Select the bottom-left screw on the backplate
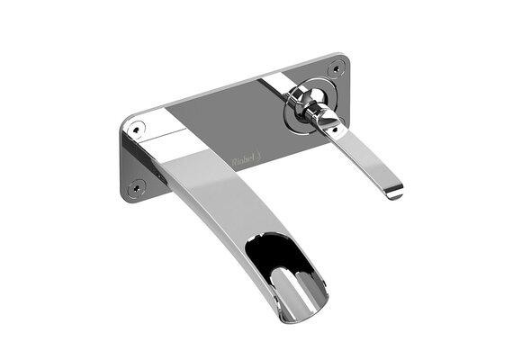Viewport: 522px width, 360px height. [138, 187]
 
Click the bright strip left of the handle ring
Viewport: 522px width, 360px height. [274, 85]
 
